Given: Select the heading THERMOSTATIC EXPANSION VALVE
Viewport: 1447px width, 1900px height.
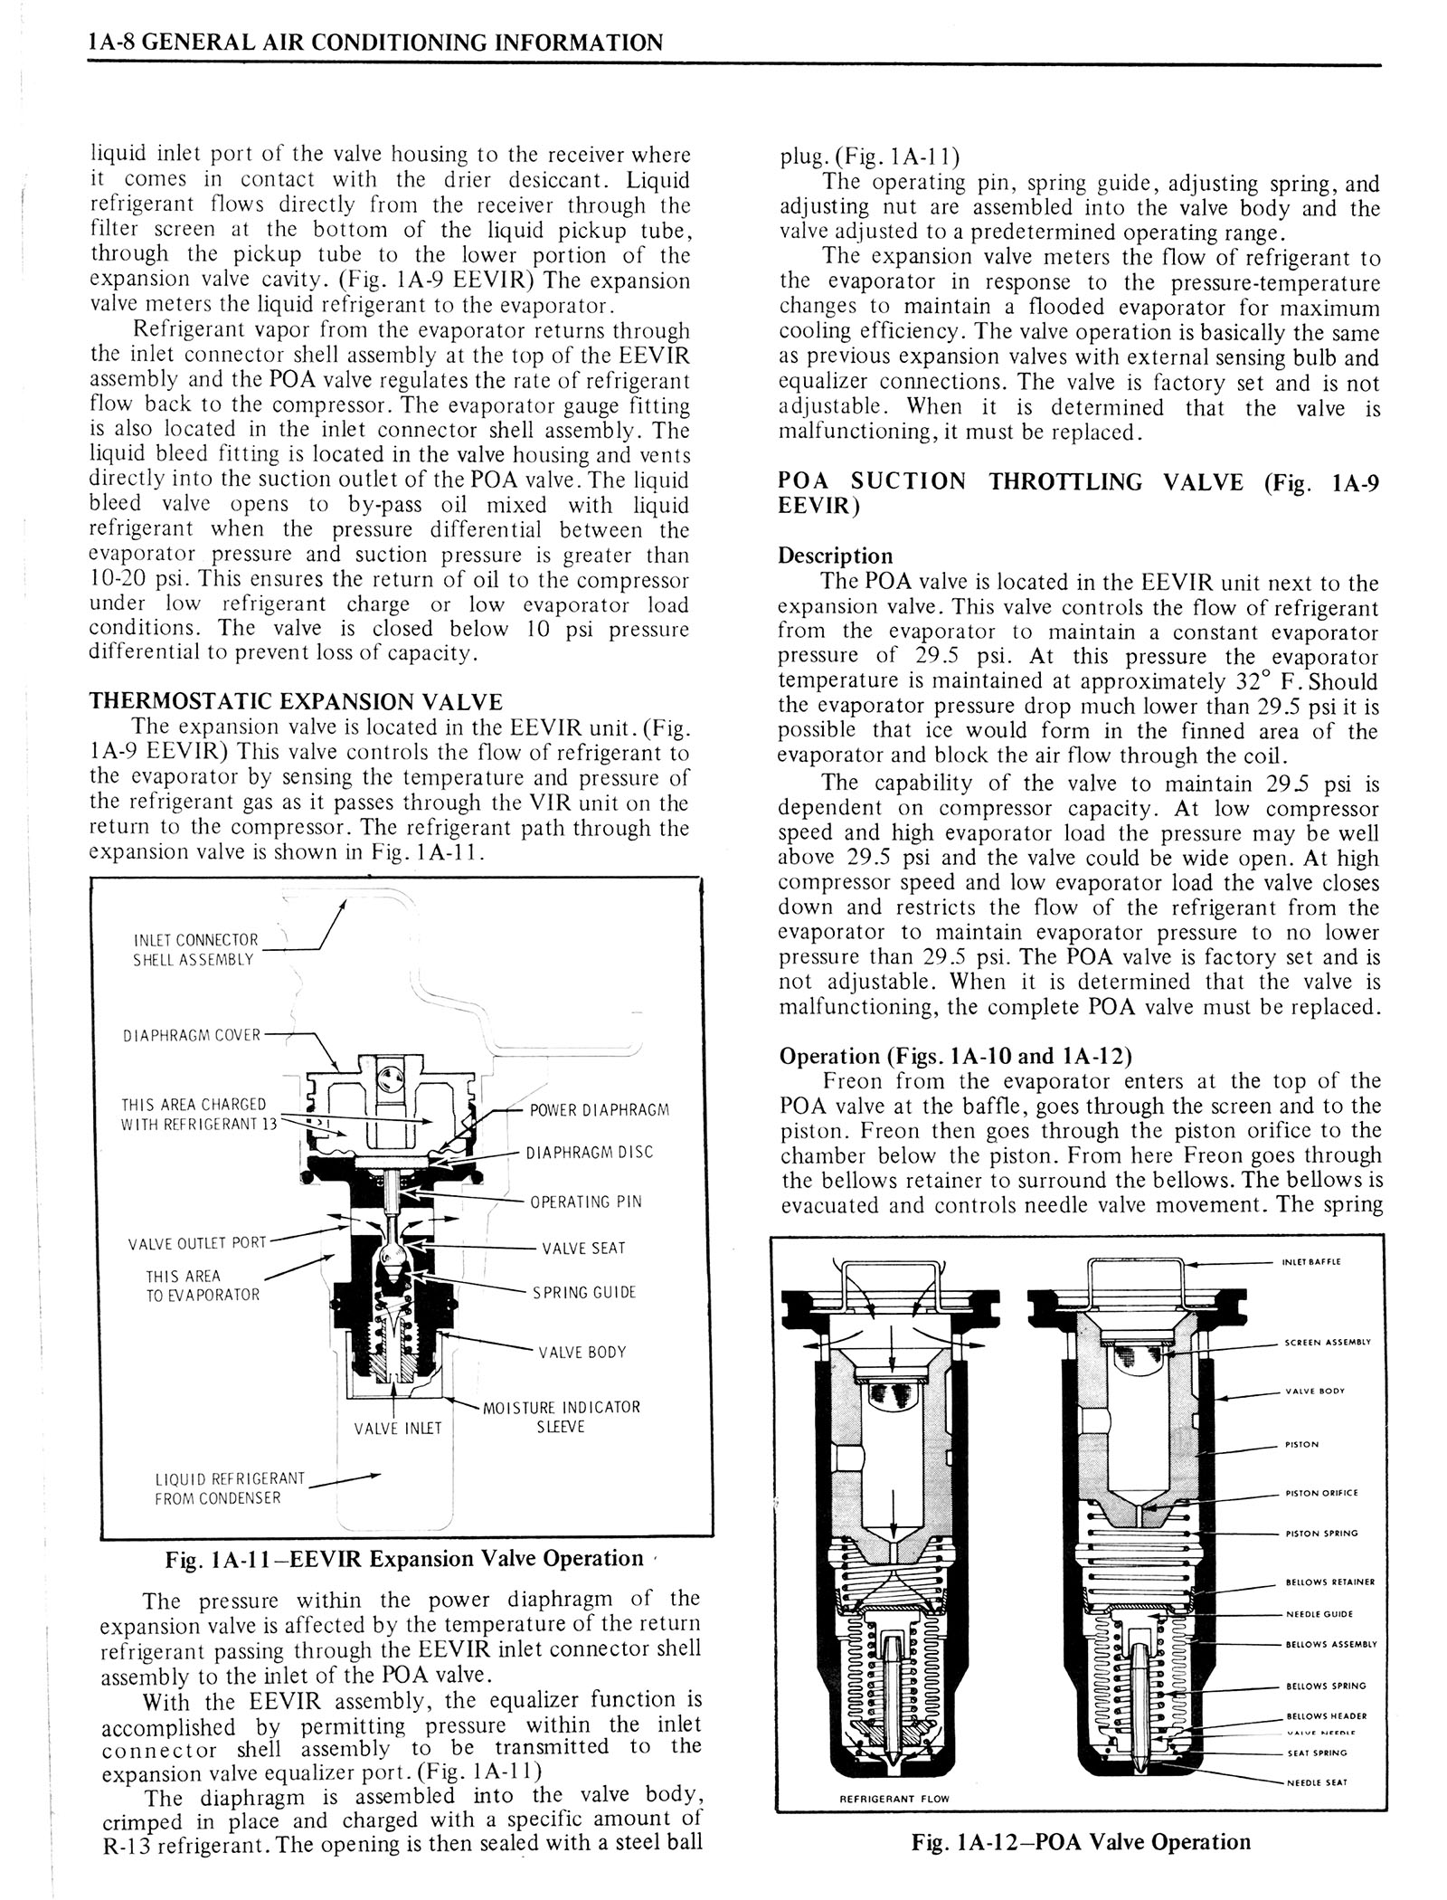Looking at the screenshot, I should pos(295,702).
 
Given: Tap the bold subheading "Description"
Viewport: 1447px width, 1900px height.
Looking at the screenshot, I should pos(836,556).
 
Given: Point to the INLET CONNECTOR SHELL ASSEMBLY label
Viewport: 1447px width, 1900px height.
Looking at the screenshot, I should pos(194,949).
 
